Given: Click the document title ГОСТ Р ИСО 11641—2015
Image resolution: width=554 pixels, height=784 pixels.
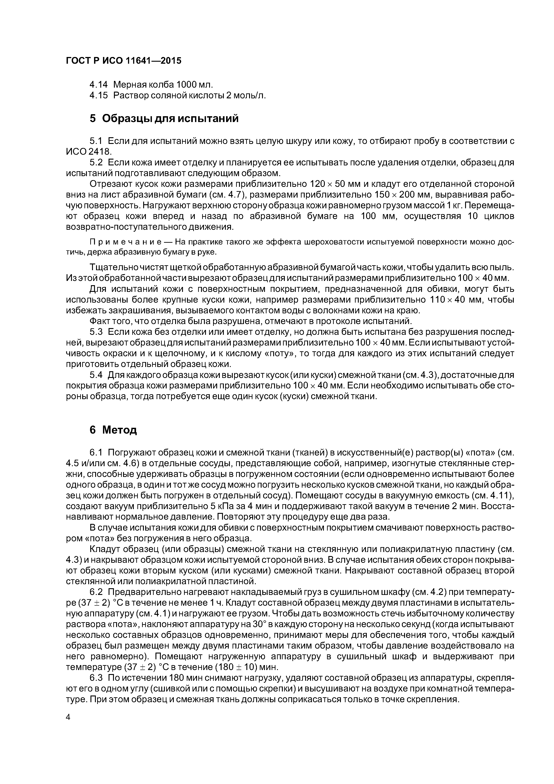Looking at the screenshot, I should [123, 61].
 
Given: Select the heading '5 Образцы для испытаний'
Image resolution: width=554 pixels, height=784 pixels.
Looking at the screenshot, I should [164, 118].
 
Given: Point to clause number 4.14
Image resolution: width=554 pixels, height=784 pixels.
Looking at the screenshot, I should [98, 84].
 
